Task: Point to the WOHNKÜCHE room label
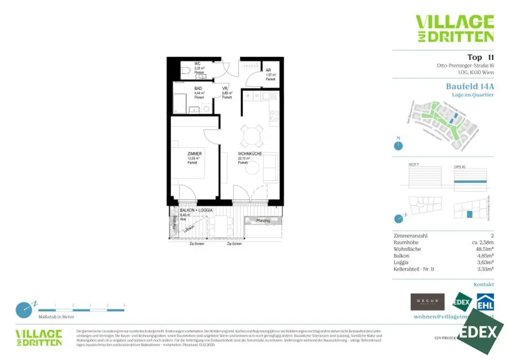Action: (x=250, y=154)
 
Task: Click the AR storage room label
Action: (x=268, y=70)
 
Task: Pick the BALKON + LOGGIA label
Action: (x=196, y=211)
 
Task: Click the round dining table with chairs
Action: (x=251, y=134)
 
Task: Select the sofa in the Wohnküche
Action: (x=271, y=168)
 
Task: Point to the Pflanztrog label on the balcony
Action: (x=263, y=220)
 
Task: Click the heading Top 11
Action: (x=480, y=57)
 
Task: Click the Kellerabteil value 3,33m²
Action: (x=485, y=269)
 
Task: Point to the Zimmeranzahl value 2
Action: (x=492, y=236)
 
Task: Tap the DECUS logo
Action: (x=427, y=301)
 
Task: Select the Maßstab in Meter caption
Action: (x=57, y=317)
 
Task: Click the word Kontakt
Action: (x=484, y=285)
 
